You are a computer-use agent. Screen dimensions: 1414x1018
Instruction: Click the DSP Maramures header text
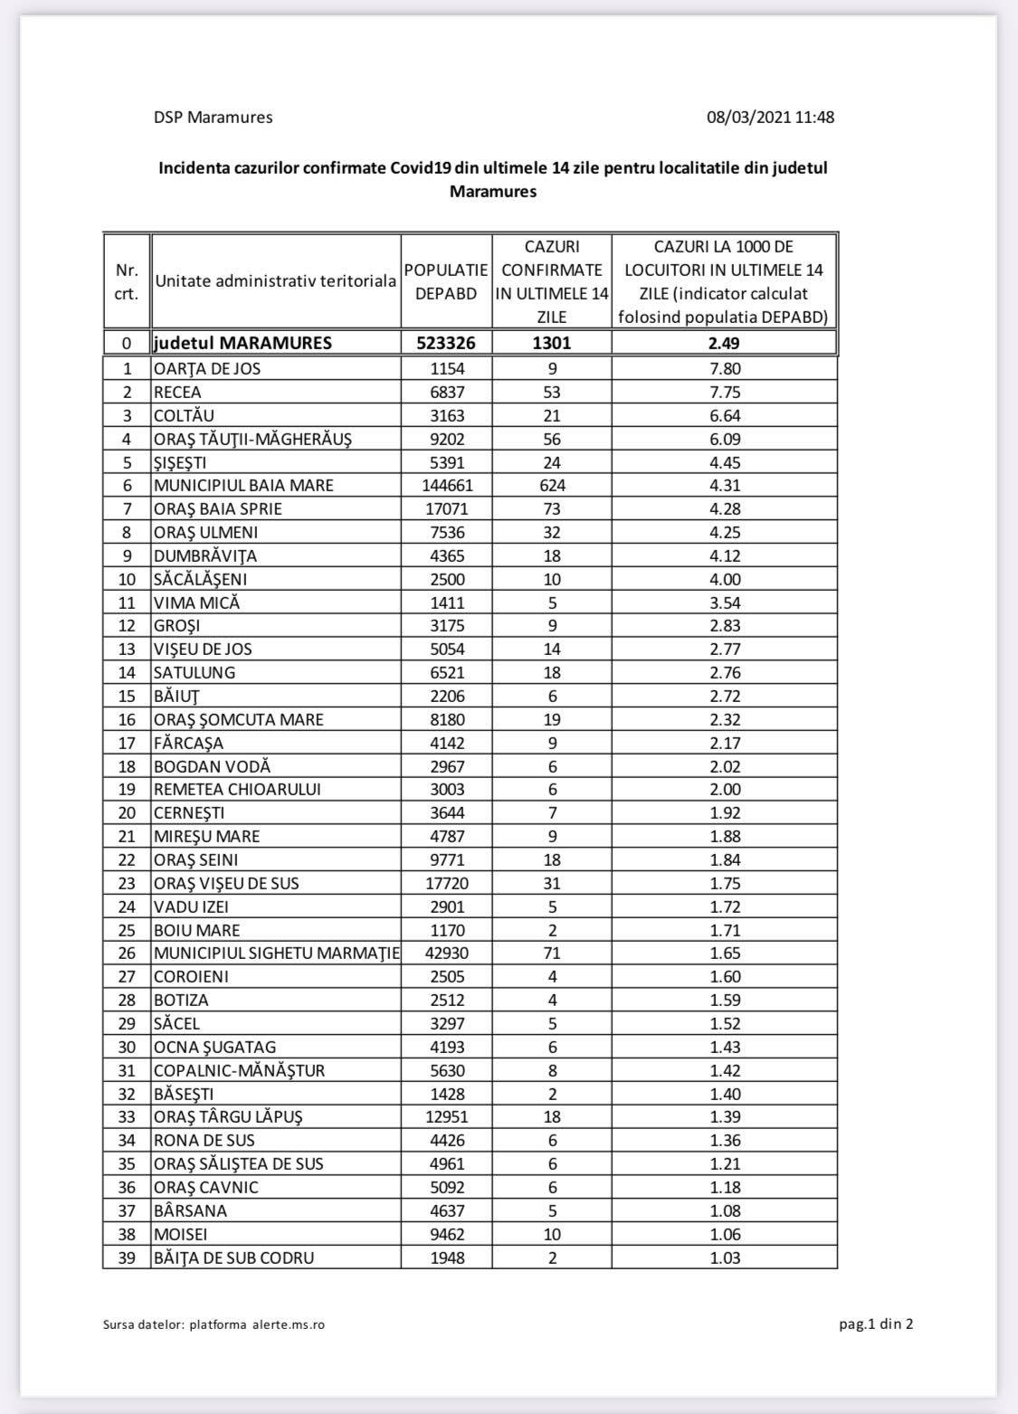(x=213, y=117)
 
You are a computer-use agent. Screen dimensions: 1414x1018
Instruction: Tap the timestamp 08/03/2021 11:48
(x=770, y=117)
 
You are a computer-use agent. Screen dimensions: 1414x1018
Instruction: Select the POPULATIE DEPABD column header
(x=446, y=281)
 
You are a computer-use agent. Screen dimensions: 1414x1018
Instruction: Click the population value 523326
(x=446, y=343)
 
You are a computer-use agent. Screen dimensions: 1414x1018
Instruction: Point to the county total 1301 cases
(x=552, y=343)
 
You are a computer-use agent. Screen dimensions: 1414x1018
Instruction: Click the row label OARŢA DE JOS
(x=207, y=368)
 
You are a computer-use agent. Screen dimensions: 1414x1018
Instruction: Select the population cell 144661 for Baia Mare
(x=446, y=485)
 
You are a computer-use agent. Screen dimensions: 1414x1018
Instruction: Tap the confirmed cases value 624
(x=552, y=485)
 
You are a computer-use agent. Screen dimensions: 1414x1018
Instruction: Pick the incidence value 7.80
(x=725, y=368)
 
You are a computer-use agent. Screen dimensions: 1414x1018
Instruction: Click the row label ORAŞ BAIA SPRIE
(x=218, y=508)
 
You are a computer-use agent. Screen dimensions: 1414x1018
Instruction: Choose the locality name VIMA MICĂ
(x=196, y=603)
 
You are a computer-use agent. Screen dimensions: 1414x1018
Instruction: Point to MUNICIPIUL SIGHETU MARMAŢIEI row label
(x=276, y=953)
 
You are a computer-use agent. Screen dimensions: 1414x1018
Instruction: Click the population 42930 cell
(x=446, y=953)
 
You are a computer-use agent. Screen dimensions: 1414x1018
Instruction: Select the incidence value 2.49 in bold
(x=725, y=343)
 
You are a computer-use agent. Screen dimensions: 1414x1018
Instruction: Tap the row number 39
(x=127, y=1257)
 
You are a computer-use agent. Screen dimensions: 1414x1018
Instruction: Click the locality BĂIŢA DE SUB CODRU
(x=233, y=1257)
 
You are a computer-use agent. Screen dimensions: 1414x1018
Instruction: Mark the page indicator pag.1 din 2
(x=876, y=1324)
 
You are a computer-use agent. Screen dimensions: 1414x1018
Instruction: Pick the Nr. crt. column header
(x=127, y=281)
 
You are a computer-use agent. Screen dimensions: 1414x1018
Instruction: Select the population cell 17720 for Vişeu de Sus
(x=446, y=883)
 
